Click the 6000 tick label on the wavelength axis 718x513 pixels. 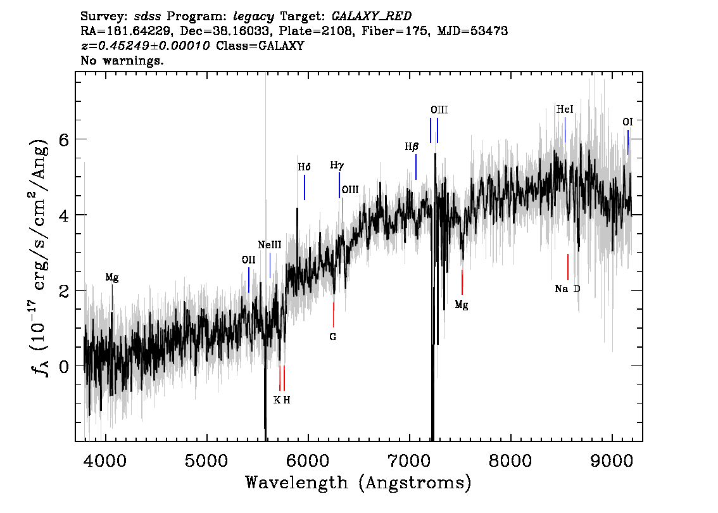[x=308, y=460]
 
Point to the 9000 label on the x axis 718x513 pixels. [x=612, y=460]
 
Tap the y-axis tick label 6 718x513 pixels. [x=64, y=139]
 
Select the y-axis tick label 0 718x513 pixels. [x=64, y=366]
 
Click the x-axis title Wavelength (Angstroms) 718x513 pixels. [x=358, y=483]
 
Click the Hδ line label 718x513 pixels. [x=304, y=167]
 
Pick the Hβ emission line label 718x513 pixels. [x=411, y=146]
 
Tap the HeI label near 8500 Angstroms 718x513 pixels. [x=565, y=110]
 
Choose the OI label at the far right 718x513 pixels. [x=627, y=122]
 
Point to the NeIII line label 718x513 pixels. [x=269, y=245]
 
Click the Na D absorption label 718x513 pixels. [x=567, y=289]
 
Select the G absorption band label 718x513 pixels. [x=333, y=337]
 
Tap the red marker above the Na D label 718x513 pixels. [x=568, y=267]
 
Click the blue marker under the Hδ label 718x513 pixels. [x=305, y=187]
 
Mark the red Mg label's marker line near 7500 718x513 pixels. [x=462, y=282]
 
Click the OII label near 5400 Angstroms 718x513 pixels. [x=249, y=260]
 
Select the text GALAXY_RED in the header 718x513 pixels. [x=372, y=16]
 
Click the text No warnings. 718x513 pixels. [x=122, y=60]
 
